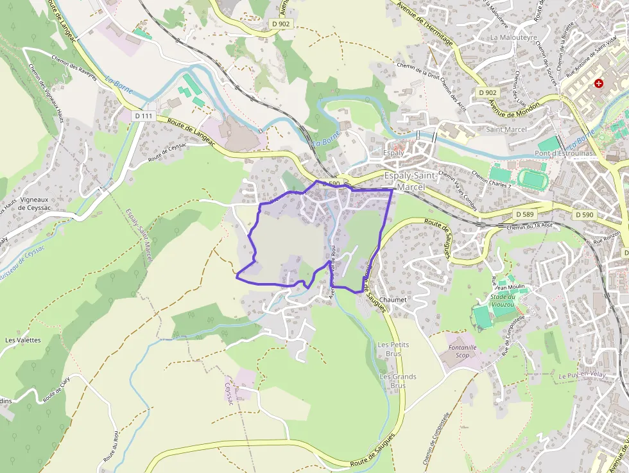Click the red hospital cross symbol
pyautogui.click(x=599, y=83)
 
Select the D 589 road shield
pyautogui.click(x=524, y=214)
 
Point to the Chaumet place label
pyautogui.click(x=394, y=300)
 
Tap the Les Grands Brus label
pyautogui.click(x=398, y=381)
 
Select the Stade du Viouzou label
pyautogui.click(x=504, y=300)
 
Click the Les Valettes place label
pyautogui.click(x=23, y=340)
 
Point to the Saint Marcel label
pyautogui.click(x=506, y=130)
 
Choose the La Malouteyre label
pyautogui.click(x=513, y=37)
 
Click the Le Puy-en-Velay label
pyautogui.click(x=583, y=375)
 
